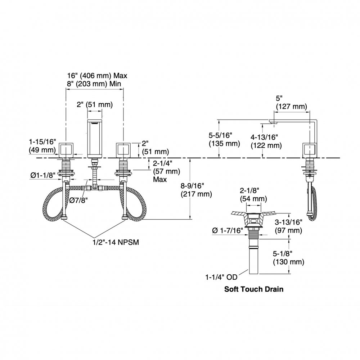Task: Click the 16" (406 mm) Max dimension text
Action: (97, 76)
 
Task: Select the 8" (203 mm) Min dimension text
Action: (94, 84)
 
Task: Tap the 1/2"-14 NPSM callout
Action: (116, 242)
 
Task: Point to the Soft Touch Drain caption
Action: (254, 289)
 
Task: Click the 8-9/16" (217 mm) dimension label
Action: (196, 190)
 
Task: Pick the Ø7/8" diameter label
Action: (79, 200)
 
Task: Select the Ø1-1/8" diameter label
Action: (43, 175)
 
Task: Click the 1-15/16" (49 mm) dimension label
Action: (42, 146)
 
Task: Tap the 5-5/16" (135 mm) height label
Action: (224, 139)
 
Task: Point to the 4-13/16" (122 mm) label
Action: (266, 141)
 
